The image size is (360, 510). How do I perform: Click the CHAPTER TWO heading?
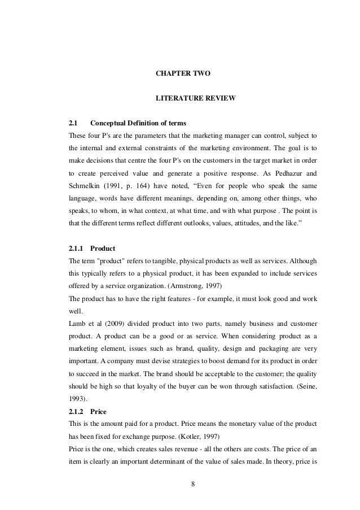coord(183,73)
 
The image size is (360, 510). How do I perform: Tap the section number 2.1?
coord(72,123)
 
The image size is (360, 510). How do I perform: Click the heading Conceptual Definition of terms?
coord(138,123)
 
